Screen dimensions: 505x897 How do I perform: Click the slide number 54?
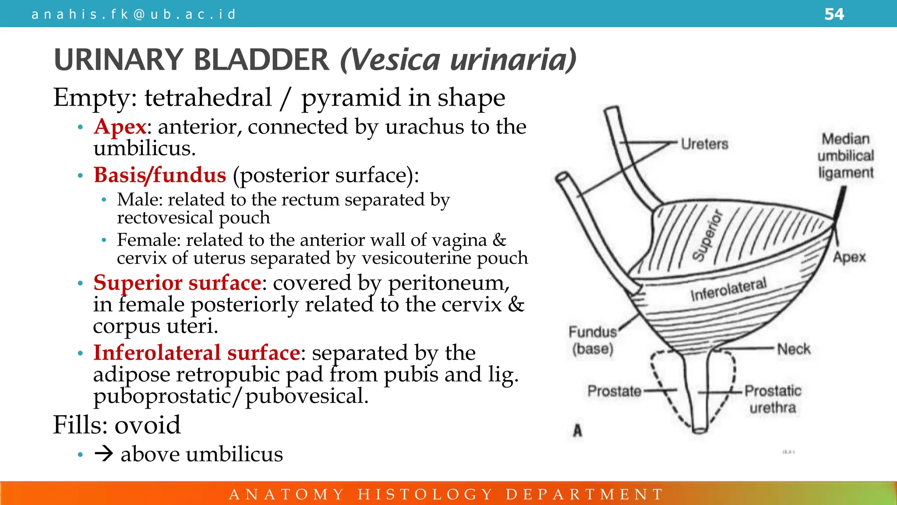tap(834, 14)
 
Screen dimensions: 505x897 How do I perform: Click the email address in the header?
tap(134, 14)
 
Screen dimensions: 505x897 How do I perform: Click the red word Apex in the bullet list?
tap(120, 127)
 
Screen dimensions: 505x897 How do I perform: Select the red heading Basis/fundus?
tap(160, 175)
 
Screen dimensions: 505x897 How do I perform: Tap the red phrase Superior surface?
tap(177, 283)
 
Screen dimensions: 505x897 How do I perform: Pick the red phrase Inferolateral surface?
tap(197, 353)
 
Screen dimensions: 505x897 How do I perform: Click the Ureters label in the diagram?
tap(704, 144)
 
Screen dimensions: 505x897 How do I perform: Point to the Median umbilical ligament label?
tap(845, 156)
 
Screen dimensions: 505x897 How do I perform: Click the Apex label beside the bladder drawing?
tap(849, 257)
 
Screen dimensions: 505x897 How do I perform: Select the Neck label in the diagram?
tap(793, 349)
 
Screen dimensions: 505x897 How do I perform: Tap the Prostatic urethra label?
tap(773, 399)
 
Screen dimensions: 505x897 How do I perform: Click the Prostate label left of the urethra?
tap(614, 391)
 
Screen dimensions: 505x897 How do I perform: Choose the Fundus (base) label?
tap(593, 340)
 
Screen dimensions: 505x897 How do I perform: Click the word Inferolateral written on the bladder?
tap(728, 289)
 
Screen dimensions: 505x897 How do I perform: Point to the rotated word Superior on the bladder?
tap(707, 235)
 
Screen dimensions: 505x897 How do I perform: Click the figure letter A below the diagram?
tap(578, 431)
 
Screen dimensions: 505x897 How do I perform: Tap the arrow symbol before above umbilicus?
tap(104, 454)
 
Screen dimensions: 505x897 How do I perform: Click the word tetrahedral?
tap(208, 98)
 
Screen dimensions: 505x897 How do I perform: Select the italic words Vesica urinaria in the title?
tap(458, 60)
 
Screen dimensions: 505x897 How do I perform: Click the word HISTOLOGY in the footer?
tap(425, 494)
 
